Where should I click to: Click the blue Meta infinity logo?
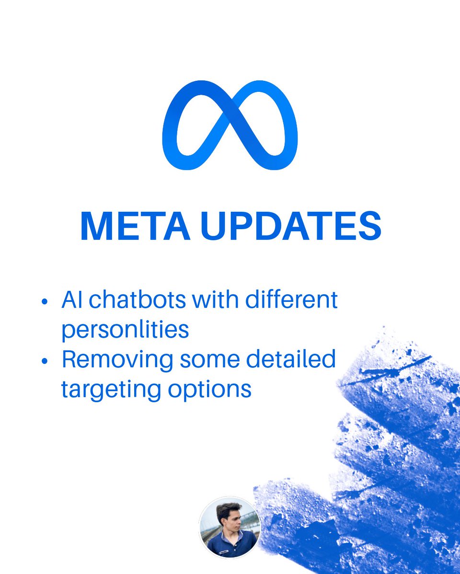230,125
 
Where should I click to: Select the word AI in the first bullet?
71,300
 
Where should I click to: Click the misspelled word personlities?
125,330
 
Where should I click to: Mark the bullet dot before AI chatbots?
45,302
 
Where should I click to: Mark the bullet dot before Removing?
45,362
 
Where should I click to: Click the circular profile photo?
230,528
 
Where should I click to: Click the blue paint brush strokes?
383,454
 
